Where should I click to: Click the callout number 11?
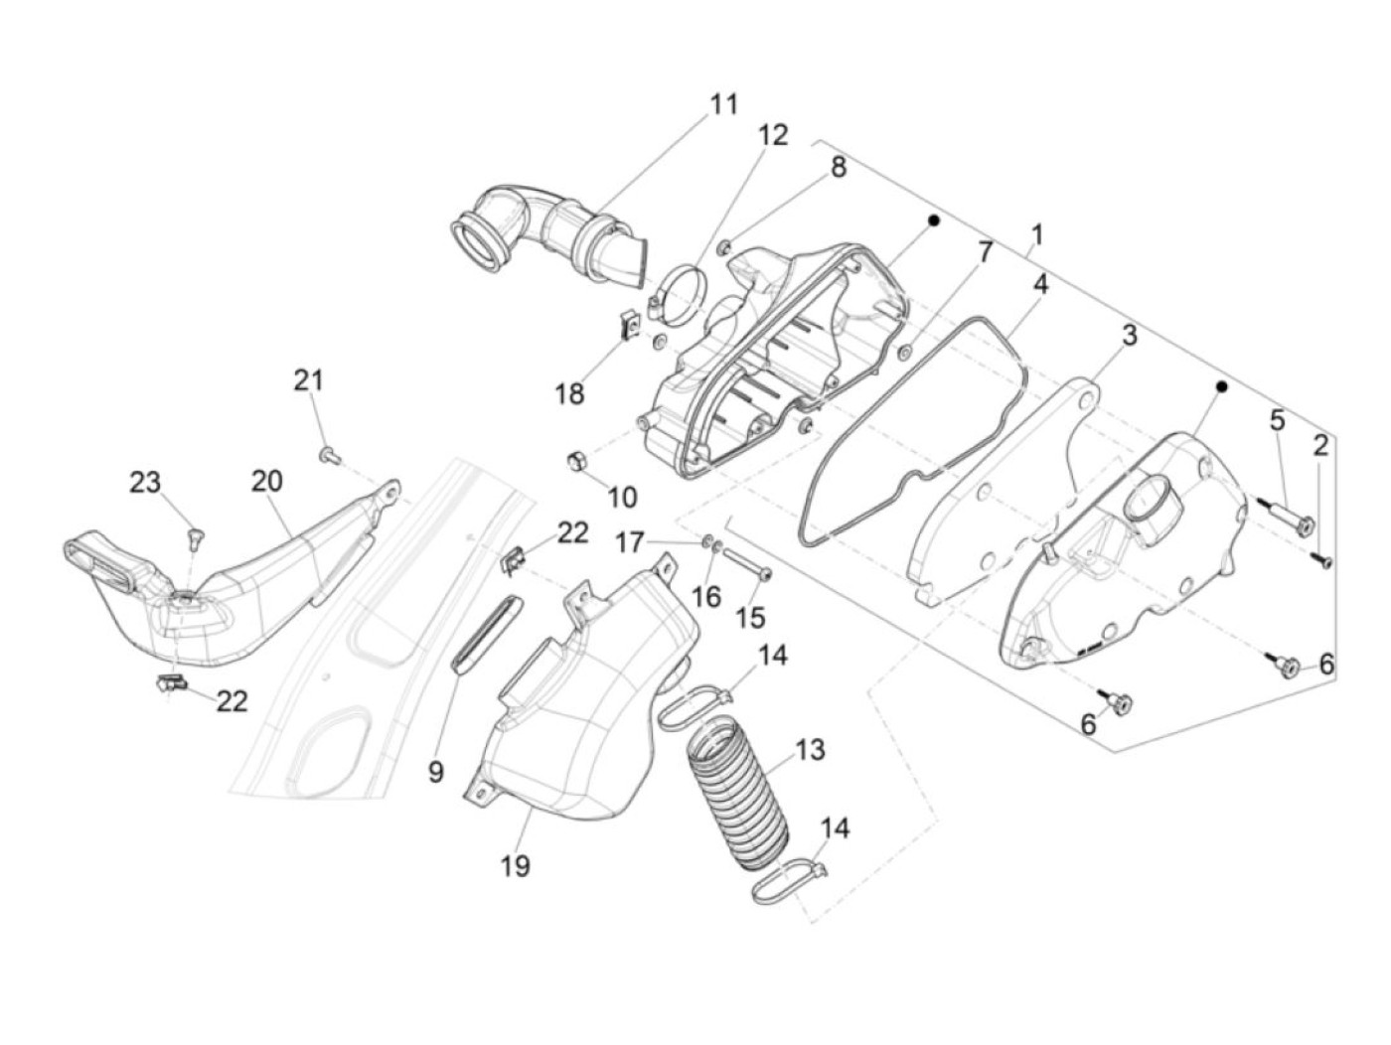723,103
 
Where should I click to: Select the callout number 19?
515,865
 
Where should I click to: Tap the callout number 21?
308,379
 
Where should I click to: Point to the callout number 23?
144,483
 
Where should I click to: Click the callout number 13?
810,749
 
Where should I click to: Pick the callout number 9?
435,771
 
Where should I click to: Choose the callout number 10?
622,496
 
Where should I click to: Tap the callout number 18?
569,394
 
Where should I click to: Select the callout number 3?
1129,336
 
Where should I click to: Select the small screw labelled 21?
329,455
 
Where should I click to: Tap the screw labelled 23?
195,537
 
